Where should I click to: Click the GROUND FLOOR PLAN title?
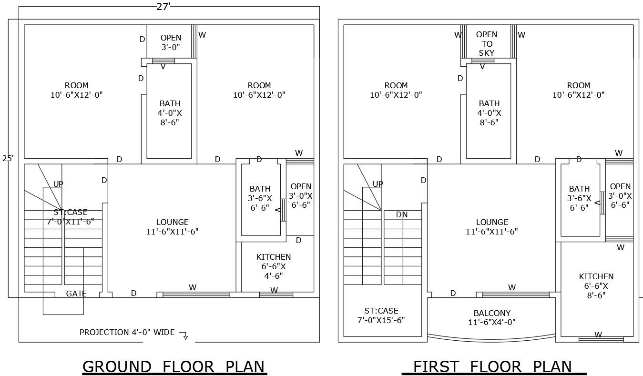click(174, 366)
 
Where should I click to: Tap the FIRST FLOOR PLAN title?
click(492, 366)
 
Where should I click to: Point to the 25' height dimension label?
click(8, 158)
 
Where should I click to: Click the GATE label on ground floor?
click(76, 294)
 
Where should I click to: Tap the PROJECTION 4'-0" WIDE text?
click(127, 332)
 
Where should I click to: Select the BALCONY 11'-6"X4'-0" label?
click(492, 317)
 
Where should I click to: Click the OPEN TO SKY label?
click(487, 44)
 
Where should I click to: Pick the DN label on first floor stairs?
click(402, 214)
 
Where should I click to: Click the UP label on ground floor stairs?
click(58, 184)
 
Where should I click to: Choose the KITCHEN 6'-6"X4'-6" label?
click(274, 266)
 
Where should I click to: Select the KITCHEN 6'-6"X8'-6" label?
click(596, 286)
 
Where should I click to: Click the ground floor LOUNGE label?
click(173, 227)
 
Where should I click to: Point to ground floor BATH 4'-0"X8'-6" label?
click(170, 113)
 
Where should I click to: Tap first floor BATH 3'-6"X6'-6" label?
click(579, 198)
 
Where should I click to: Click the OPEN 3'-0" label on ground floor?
click(171, 42)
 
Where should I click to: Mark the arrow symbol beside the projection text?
click(184, 336)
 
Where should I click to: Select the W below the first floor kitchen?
click(598, 335)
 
